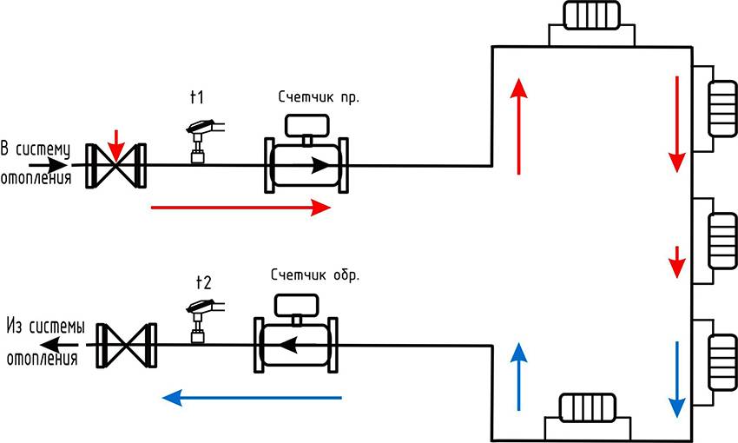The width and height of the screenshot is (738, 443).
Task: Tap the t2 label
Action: pyautogui.click(x=203, y=281)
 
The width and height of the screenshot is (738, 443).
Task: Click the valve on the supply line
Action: pyautogui.click(x=116, y=164)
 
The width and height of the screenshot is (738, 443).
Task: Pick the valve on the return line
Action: pyautogui.click(x=128, y=345)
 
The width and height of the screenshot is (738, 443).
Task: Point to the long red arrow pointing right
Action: pyautogui.click(x=241, y=208)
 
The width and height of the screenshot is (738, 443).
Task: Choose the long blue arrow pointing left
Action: pyautogui.click(x=253, y=398)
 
